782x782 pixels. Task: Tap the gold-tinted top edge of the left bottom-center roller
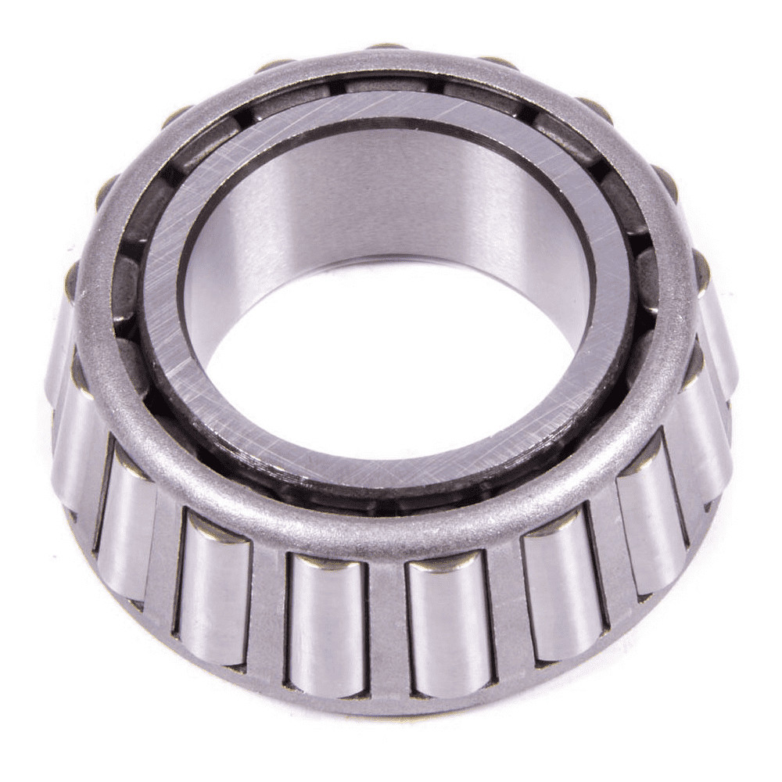click(327, 561)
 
